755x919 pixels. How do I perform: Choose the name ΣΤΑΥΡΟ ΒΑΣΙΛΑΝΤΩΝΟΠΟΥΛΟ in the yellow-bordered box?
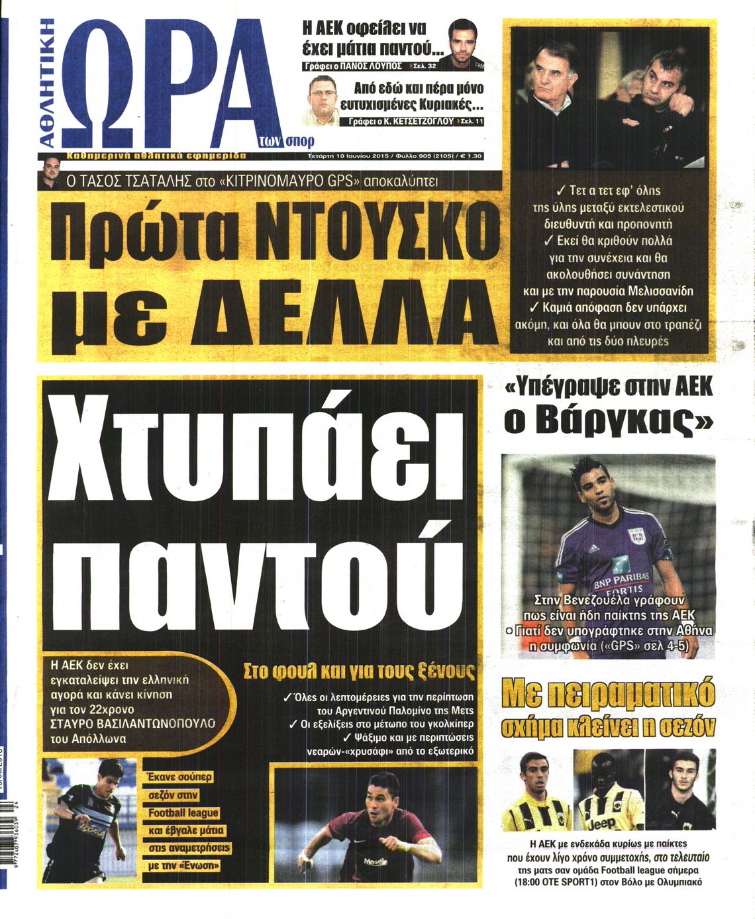click(132, 723)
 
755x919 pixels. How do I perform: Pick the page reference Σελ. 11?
click(472, 122)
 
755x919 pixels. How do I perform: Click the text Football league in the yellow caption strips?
click(183, 812)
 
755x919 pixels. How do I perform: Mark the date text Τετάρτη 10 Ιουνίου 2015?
click(338, 156)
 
